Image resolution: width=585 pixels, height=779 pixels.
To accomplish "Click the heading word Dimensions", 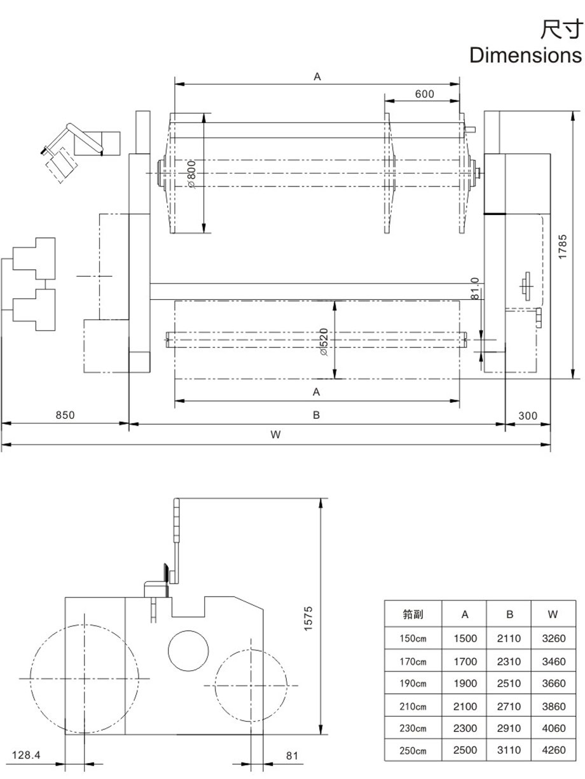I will (525, 55).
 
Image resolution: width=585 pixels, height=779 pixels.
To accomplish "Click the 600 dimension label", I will (424, 94).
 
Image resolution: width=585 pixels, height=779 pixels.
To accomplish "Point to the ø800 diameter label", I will (193, 173).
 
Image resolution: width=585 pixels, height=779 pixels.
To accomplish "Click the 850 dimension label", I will (65, 416).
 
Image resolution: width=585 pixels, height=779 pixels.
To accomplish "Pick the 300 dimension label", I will (528, 416).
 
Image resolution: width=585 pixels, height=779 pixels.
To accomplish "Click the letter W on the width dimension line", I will (275, 435).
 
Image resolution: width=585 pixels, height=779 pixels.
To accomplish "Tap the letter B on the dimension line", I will (316, 416).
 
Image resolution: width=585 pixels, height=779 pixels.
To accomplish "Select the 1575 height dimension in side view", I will (308, 618).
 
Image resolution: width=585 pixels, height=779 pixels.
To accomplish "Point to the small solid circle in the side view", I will (188, 649).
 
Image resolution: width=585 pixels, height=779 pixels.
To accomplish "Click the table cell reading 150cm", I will (413, 639).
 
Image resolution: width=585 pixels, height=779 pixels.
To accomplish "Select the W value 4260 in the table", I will (553, 750).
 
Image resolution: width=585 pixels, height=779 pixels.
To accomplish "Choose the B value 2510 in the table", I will (509, 684).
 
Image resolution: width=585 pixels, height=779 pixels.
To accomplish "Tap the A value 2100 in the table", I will (465, 706).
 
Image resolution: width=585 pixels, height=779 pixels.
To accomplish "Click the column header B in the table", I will (509, 615).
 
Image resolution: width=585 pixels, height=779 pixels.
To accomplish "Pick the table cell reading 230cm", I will (413, 728).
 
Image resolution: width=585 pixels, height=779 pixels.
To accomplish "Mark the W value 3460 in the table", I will (553, 661).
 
